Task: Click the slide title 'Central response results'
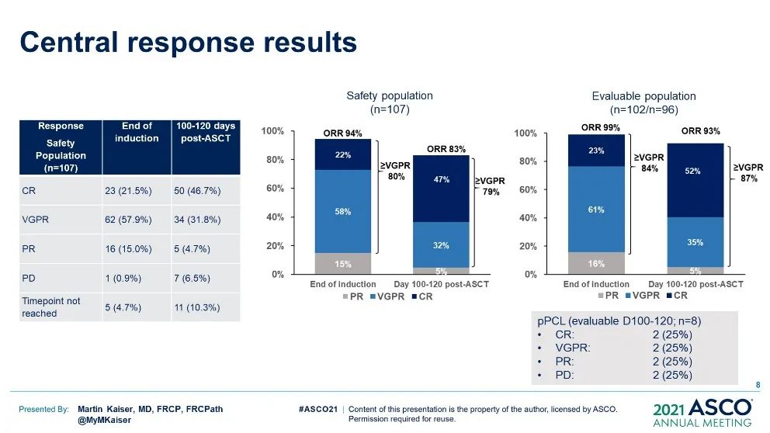[x=189, y=41]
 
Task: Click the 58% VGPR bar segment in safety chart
[x=343, y=211]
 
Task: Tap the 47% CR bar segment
[x=442, y=180]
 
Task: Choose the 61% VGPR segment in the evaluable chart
[x=596, y=209]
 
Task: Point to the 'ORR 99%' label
[x=601, y=126]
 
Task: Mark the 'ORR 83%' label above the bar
[x=446, y=147]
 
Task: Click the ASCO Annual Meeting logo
[x=702, y=412]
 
